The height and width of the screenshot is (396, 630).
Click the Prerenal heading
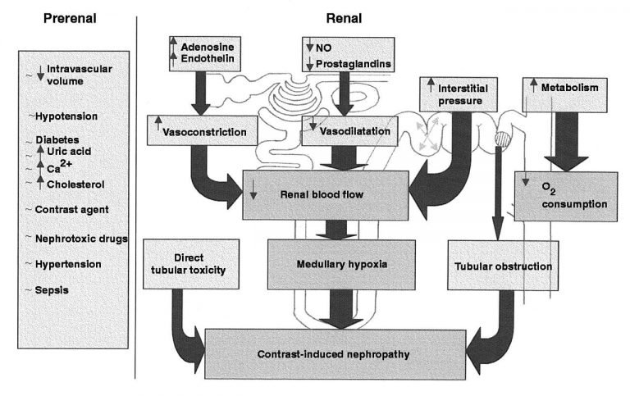point(70,19)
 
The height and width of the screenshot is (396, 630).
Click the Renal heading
point(344,19)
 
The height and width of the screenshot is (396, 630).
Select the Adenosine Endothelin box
point(205,54)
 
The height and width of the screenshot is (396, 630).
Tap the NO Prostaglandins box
point(348,55)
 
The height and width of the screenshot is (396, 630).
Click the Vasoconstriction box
point(202,130)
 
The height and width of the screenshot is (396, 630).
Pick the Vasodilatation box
point(349,131)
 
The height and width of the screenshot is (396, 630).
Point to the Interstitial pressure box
point(459,94)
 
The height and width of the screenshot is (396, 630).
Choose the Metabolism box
point(564,95)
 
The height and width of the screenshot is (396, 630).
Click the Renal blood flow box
point(326,195)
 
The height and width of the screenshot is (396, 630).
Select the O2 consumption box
point(566,197)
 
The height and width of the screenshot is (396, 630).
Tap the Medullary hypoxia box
point(341,265)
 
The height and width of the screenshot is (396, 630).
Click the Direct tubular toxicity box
point(191,264)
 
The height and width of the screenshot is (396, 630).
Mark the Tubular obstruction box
point(503,265)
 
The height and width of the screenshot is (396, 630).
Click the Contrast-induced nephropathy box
point(335,354)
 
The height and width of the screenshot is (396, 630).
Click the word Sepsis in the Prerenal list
point(52,290)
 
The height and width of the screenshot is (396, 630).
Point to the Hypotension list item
point(66,116)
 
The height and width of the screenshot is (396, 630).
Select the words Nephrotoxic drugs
point(81,239)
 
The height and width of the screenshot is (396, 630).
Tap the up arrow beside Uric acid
point(40,151)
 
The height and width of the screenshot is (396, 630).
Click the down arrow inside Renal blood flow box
point(253,190)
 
